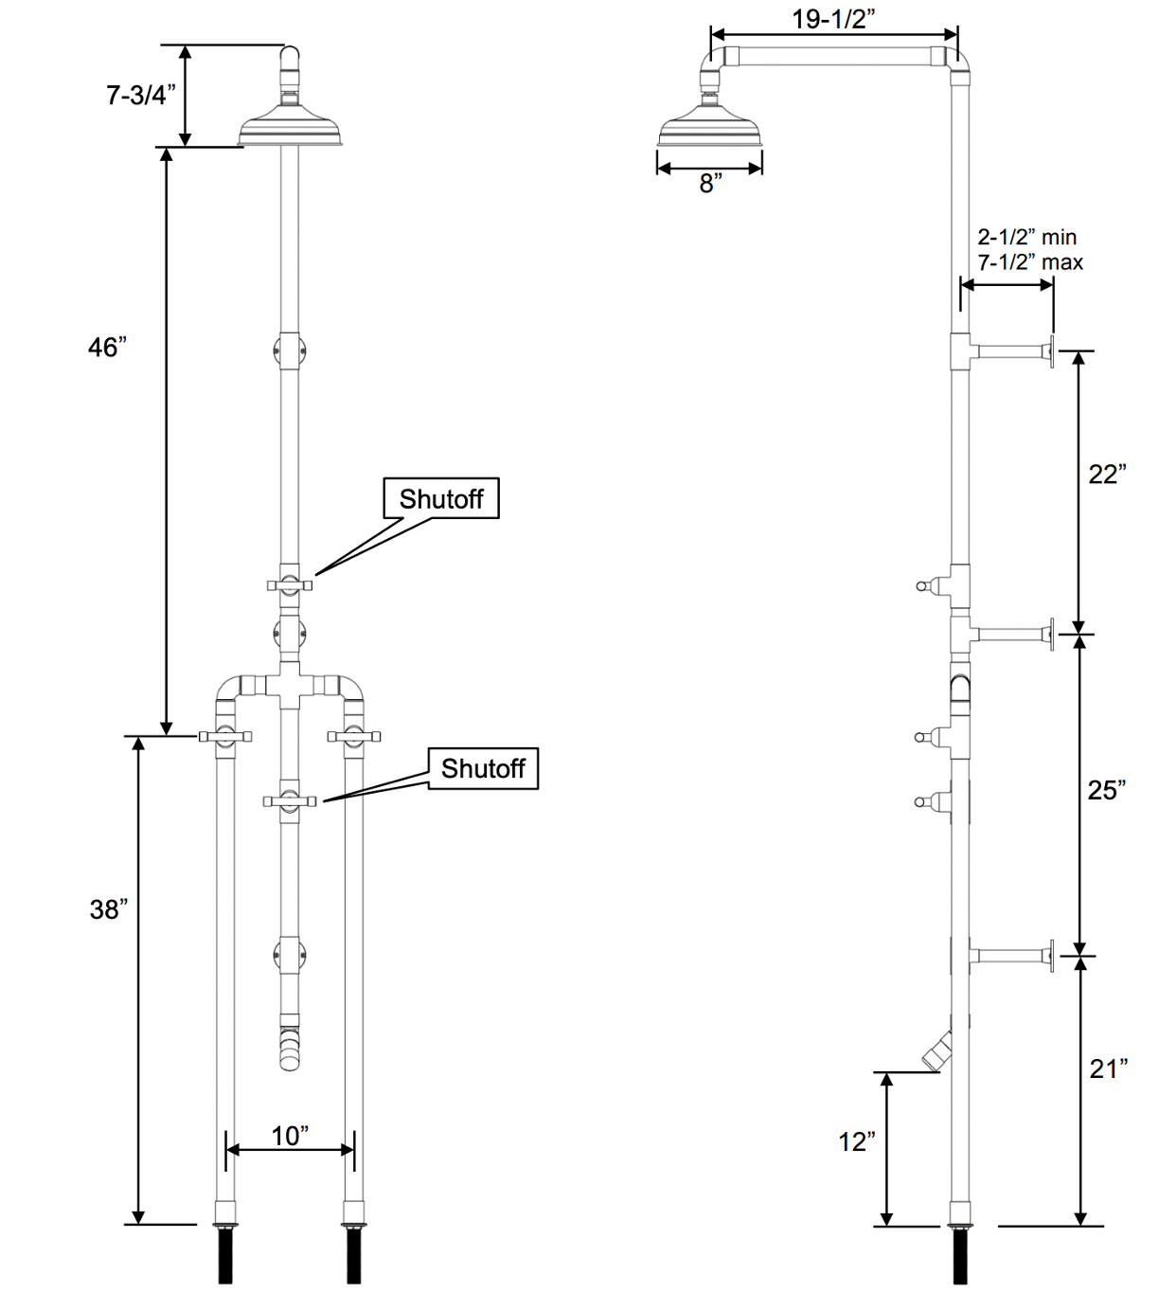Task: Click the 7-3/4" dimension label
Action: [x=140, y=95]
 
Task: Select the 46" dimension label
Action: [x=107, y=348]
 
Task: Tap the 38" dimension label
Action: [x=108, y=909]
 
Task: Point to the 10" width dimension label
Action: [x=290, y=1136]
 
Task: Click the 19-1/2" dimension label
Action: [x=833, y=19]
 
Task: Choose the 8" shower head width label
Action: [x=710, y=184]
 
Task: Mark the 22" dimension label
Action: [x=1107, y=474]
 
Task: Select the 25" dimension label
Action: [x=1107, y=790]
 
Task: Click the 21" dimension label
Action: [x=1109, y=1068]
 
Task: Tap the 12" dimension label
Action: [x=857, y=1142]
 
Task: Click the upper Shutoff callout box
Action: [x=441, y=498]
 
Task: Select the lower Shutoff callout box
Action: [x=483, y=768]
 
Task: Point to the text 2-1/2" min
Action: [x=1027, y=237]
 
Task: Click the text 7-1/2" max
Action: [x=1030, y=262]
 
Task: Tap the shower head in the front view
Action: [x=290, y=131]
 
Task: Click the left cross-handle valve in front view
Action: [x=224, y=736]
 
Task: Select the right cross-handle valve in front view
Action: [x=354, y=736]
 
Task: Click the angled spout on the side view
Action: [x=937, y=1050]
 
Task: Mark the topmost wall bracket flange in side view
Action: [x=1051, y=351]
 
